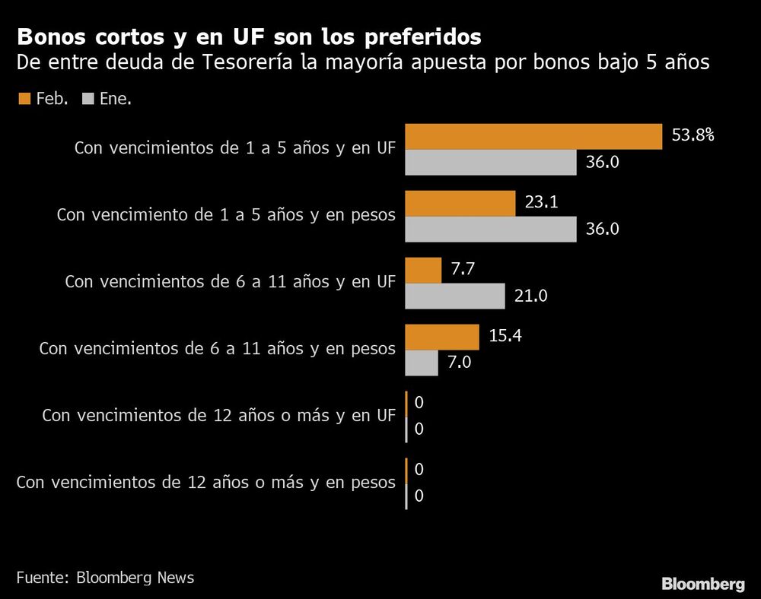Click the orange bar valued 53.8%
[533, 137]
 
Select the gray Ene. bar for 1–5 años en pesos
[490, 229]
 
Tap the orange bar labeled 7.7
[423, 270]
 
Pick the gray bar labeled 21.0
[454, 296]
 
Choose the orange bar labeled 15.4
[441, 337]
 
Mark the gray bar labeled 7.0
[421, 363]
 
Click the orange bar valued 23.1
[460, 204]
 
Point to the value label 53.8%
[693, 136]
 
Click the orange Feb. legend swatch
[23, 99]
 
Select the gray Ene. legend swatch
[86, 99]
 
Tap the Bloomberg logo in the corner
[702, 584]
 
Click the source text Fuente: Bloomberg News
[105, 578]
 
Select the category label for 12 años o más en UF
[218, 416]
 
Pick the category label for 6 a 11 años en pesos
[217, 349]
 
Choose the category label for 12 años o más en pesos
[205, 483]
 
